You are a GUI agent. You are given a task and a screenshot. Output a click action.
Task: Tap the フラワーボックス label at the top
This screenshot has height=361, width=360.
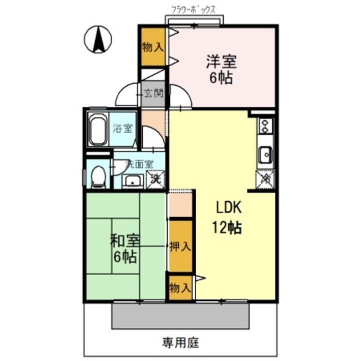(194, 9)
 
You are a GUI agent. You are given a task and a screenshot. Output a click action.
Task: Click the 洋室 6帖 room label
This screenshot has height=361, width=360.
(221, 70)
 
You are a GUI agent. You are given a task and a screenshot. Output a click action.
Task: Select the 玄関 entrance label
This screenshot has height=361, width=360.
(153, 93)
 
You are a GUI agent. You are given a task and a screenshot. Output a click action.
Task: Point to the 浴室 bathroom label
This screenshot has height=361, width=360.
(123, 128)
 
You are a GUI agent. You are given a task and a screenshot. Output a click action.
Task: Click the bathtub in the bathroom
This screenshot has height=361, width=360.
(98, 129)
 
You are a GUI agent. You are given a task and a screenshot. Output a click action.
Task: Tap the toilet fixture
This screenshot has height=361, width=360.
(98, 176)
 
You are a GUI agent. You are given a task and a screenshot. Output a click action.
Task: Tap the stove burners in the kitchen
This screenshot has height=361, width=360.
(265, 126)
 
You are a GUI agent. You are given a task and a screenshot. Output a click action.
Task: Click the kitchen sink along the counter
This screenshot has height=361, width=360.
(265, 155)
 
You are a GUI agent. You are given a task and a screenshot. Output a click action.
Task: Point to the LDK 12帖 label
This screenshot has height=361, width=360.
(228, 217)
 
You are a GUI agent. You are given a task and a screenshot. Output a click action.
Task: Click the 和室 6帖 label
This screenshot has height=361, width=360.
(125, 249)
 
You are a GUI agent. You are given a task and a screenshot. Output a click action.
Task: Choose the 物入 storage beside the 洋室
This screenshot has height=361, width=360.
(153, 48)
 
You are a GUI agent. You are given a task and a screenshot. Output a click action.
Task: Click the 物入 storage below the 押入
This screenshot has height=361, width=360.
(180, 288)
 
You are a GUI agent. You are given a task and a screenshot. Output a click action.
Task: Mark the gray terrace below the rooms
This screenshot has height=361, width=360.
(180, 314)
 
